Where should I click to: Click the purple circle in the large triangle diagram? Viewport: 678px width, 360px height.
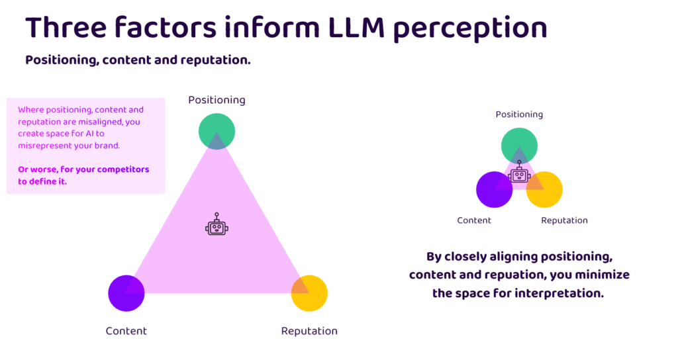[126, 292]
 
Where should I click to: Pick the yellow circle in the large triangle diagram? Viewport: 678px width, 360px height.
[310, 292]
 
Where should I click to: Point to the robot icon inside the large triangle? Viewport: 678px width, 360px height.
[217, 225]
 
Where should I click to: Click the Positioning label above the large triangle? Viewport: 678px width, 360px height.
[217, 100]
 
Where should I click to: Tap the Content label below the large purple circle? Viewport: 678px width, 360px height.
[126, 331]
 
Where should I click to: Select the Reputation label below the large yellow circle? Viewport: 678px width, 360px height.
[309, 331]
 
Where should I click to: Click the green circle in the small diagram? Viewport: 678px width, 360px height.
[519, 146]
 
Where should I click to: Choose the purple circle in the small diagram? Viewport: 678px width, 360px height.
[494, 189]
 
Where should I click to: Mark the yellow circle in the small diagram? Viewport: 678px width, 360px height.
[545, 189]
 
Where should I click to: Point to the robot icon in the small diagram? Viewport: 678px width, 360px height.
[520, 175]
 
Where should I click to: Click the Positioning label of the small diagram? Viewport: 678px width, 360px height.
[519, 114]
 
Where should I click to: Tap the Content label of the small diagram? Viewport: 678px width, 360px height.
[474, 220]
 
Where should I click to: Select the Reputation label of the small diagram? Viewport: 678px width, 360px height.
[564, 220]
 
